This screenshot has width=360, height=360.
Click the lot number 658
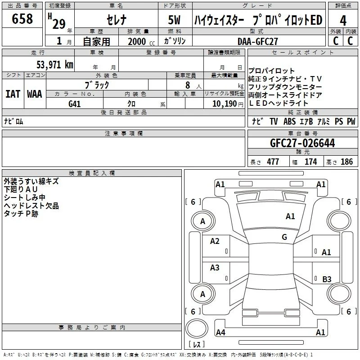[x=22, y=18]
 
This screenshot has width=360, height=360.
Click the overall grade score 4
[x=343, y=21]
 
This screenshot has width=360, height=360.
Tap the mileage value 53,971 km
[x=55, y=65]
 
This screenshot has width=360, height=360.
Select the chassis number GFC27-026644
[x=302, y=143]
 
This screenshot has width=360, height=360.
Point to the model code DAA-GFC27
[x=257, y=41]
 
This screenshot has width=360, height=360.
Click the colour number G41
[x=75, y=104]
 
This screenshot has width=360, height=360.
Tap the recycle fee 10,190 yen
[x=228, y=104]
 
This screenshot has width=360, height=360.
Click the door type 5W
[x=174, y=20]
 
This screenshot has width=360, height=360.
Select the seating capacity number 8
[x=188, y=85]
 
